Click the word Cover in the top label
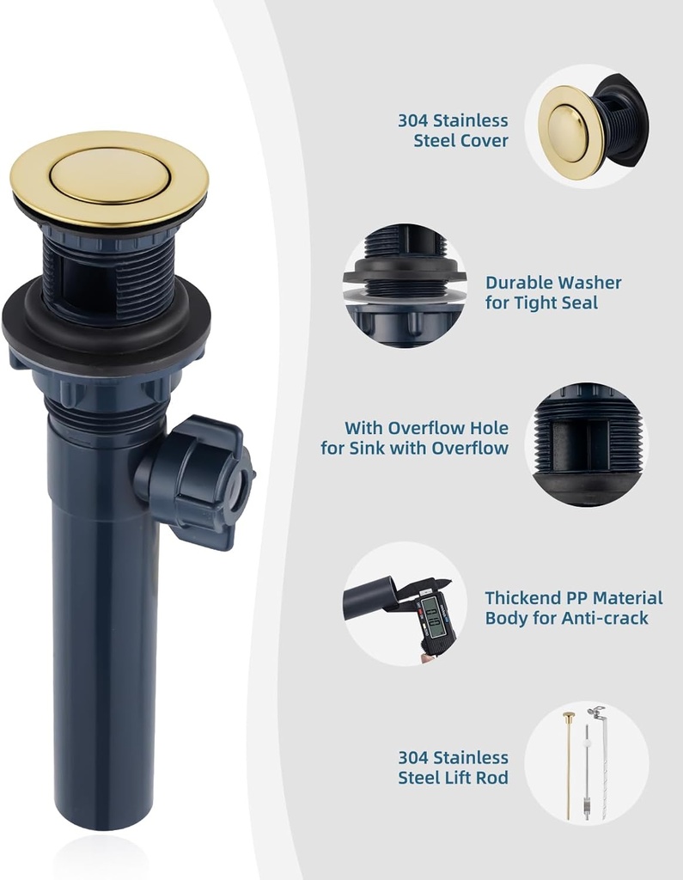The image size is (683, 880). pos(485,141)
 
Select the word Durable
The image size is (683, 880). pos(518,283)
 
